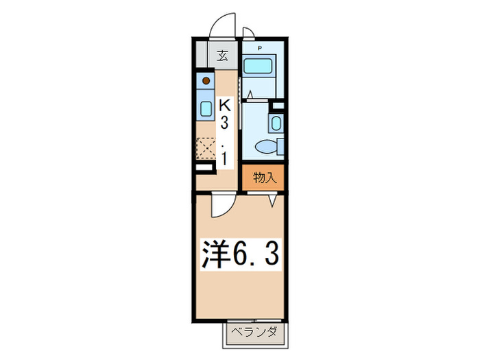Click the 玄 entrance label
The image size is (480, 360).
click(x=223, y=56)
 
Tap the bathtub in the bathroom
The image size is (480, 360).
click(x=259, y=67)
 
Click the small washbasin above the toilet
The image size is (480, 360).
click(x=275, y=123)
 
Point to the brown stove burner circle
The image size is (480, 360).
click(x=205, y=80)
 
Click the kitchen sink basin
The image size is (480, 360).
click(x=205, y=108)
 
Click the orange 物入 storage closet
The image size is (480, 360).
click(x=265, y=178)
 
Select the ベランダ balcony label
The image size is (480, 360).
click(x=253, y=333)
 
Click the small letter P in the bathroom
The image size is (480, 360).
click(x=260, y=48)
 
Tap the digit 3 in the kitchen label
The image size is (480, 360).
click(x=224, y=124)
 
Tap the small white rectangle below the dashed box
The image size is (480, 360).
click(x=204, y=167)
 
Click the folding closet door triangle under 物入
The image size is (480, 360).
click(x=274, y=200)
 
